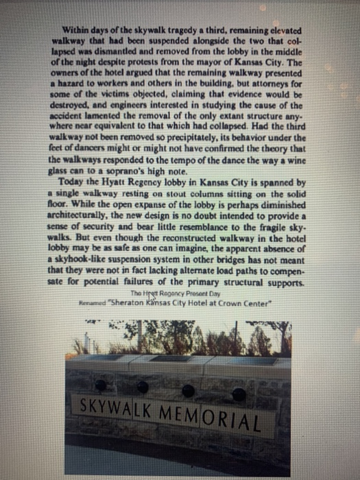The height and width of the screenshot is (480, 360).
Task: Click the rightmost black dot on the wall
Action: [x=239, y=394]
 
